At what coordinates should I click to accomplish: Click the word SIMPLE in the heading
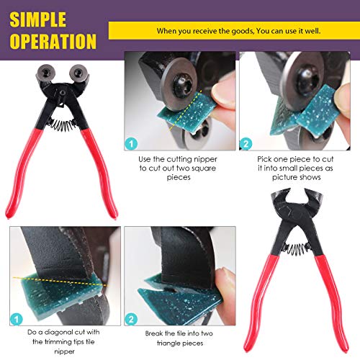pyautogui.click(x=38, y=19)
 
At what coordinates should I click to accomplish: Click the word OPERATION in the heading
pyautogui.click(x=53, y=41)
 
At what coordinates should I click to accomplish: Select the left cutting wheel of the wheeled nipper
pyautogui.click(x=45, y=71)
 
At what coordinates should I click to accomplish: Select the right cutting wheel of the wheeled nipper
pyautogui.click(x=78, y=73)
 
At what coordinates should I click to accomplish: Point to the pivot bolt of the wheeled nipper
pyautogui.click(x=63, y=93)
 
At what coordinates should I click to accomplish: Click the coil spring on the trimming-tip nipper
pyautogui.click(x=297, y=248)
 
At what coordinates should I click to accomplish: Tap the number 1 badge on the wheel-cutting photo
pyautogui.click(x=131, y=143)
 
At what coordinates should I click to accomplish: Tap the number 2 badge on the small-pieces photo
pyautogui.click(x=246, y=144)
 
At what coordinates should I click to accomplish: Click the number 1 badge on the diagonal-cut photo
pyautogui.click(x=17, y=319)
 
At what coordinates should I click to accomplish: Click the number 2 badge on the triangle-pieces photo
pyautogui.click(x=131, y=319)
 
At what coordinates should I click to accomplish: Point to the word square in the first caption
pyautogui.click(x=204, y=168)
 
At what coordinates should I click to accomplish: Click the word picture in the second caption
pyautogui.click(x=284, y=177)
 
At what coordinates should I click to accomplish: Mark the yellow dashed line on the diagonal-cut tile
pyautogui.click(x=60, y=282)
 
